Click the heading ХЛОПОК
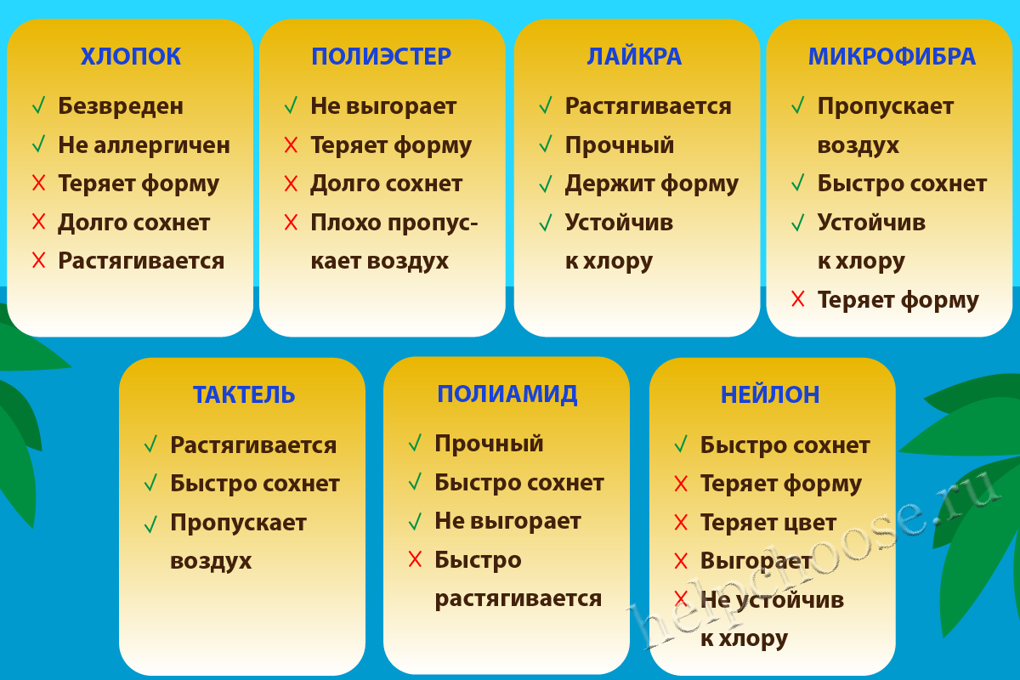pyautogui.click(x=131, y=56)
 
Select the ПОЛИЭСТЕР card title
pyautogui.click(x=381, y=56)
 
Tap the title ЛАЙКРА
pyautogui.click(x=634, y=56)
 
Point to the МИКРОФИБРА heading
pyautogui.click(x=892, y=56)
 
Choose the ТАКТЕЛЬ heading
pyautogui.click(x=244, y=395)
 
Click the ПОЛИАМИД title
pyautogui.click(x=507, y=394)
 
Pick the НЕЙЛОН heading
pyautogui.click(x=770, y=395)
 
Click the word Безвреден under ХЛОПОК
pyautogui.click(x=121, y=106)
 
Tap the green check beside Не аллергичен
pyautogui.click(x=39, y=144)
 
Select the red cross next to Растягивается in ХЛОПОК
pyautogui.click(x=39, y=260)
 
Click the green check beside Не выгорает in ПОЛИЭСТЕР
pyautogui.click(x=291, y=105)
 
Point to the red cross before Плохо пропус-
pyautogui.click(x=291, y=222)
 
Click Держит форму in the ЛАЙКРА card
pyautogui.click(x=652, y=184)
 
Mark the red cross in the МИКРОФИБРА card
pyautogui.click(x=798, y=299)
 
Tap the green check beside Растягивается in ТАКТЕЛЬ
pyautogui.click(x=150, y=444)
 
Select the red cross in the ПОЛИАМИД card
pyautogui.click(x=416, y=558)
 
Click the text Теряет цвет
pyautogui.click(x=768, y=523)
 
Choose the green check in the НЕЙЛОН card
pyautogui.click(x=681, y=444)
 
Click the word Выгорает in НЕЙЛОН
pyautogui.click(x=756, y=561)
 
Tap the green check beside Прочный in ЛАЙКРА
pyautogui.click(x=546, y=144)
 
